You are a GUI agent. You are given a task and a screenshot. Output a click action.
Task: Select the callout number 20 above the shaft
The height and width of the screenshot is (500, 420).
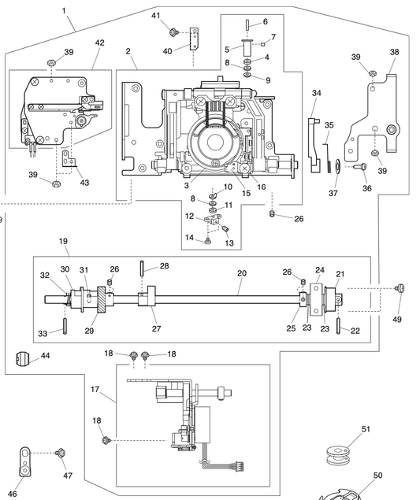241,272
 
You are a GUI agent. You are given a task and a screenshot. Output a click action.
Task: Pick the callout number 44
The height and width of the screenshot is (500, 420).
45,356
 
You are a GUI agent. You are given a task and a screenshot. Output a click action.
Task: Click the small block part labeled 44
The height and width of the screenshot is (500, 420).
24,360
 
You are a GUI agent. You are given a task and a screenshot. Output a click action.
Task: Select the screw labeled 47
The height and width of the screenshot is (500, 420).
62,454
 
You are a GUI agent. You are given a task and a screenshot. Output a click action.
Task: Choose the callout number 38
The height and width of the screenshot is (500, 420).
394,52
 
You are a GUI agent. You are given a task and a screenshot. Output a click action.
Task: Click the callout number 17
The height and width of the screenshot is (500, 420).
95,389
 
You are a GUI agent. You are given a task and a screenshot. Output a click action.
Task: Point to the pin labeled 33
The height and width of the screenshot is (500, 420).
65,322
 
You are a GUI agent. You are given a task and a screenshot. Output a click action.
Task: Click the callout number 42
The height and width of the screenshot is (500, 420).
99,43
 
